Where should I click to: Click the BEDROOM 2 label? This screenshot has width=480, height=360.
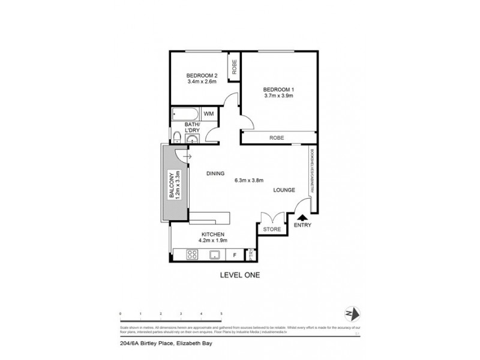[201, 75]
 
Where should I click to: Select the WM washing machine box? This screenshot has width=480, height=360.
[208, 113]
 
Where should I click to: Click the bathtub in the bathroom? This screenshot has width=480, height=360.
[184, 113]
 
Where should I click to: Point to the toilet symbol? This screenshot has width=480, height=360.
[178, 136]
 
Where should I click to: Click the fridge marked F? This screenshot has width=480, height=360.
[234, 255]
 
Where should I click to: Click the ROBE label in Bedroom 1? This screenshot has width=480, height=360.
[277, 138]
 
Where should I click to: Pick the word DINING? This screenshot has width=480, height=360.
[215, 173]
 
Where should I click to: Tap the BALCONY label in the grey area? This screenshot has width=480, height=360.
[172, 187]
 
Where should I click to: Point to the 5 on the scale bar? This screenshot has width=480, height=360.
[221, 313]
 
